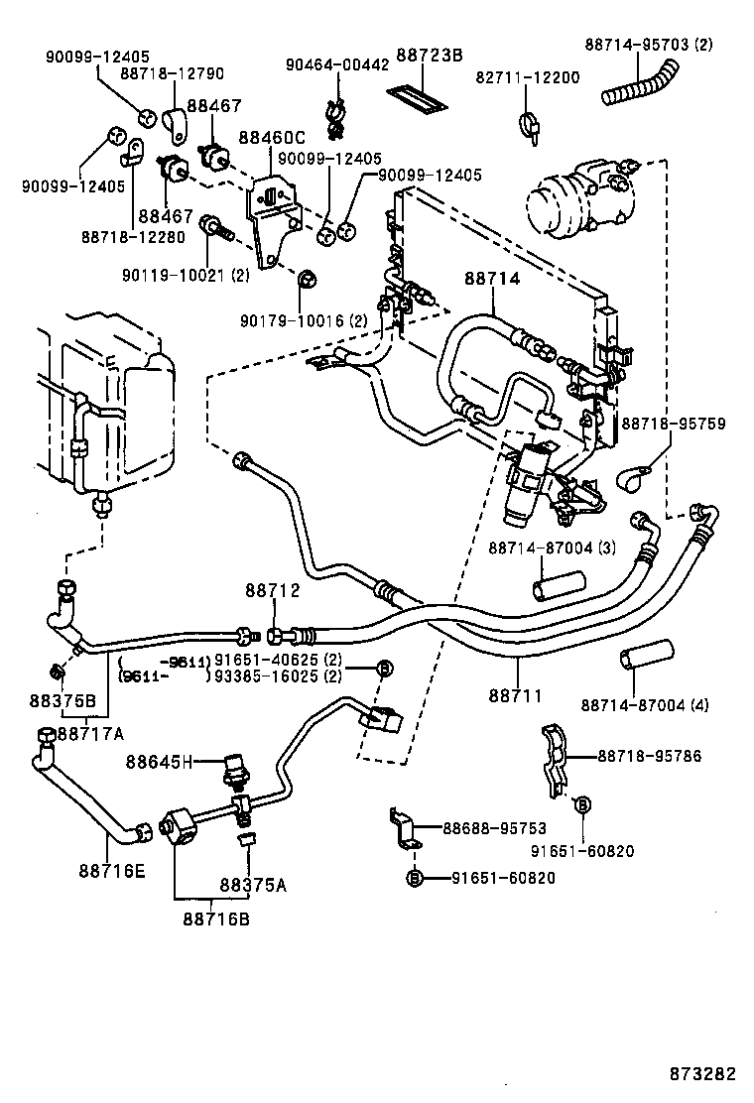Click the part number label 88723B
click(430, 57)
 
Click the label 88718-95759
click(674, 424)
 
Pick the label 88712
click(272, 590)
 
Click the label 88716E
click(112, 872)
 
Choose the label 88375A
click(252, 886)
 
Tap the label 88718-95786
click(649, 756)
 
